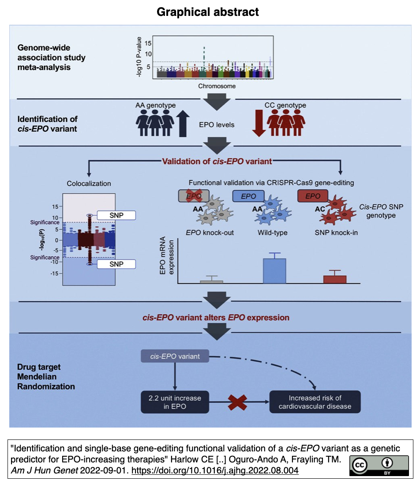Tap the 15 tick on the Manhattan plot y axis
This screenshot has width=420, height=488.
point(148,43)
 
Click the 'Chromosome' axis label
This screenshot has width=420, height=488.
point(217,86)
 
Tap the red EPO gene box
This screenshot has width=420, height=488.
point(312,195)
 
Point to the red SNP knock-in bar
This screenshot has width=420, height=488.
point(334,279)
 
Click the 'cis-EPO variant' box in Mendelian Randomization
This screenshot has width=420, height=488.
point(175,357)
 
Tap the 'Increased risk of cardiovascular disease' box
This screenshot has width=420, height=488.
point(315,402)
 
